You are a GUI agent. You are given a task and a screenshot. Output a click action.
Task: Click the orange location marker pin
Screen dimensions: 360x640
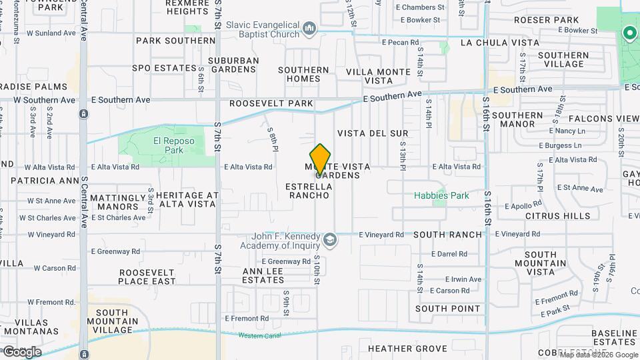point(321,160)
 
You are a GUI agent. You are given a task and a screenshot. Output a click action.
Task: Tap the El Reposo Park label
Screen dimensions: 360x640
point(168,145)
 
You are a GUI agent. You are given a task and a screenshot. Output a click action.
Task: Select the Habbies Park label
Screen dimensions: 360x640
point(441,195)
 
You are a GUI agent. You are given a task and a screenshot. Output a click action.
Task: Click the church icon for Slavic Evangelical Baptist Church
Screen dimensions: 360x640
point(309,29)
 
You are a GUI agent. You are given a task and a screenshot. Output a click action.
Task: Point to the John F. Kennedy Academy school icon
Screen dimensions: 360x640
point(329,240)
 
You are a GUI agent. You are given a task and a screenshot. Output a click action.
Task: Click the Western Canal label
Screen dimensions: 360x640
point(257,335)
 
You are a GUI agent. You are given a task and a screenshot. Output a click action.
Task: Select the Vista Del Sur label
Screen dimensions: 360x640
point(372,133)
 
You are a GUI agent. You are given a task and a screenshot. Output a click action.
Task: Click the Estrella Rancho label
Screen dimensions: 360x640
point(308,191)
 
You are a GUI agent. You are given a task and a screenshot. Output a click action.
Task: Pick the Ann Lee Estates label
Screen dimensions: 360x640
point(263,275)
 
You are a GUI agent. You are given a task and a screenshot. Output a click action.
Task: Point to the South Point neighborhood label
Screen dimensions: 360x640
point(448,309)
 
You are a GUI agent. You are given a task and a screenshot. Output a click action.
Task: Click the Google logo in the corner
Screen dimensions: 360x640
point(21,351)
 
